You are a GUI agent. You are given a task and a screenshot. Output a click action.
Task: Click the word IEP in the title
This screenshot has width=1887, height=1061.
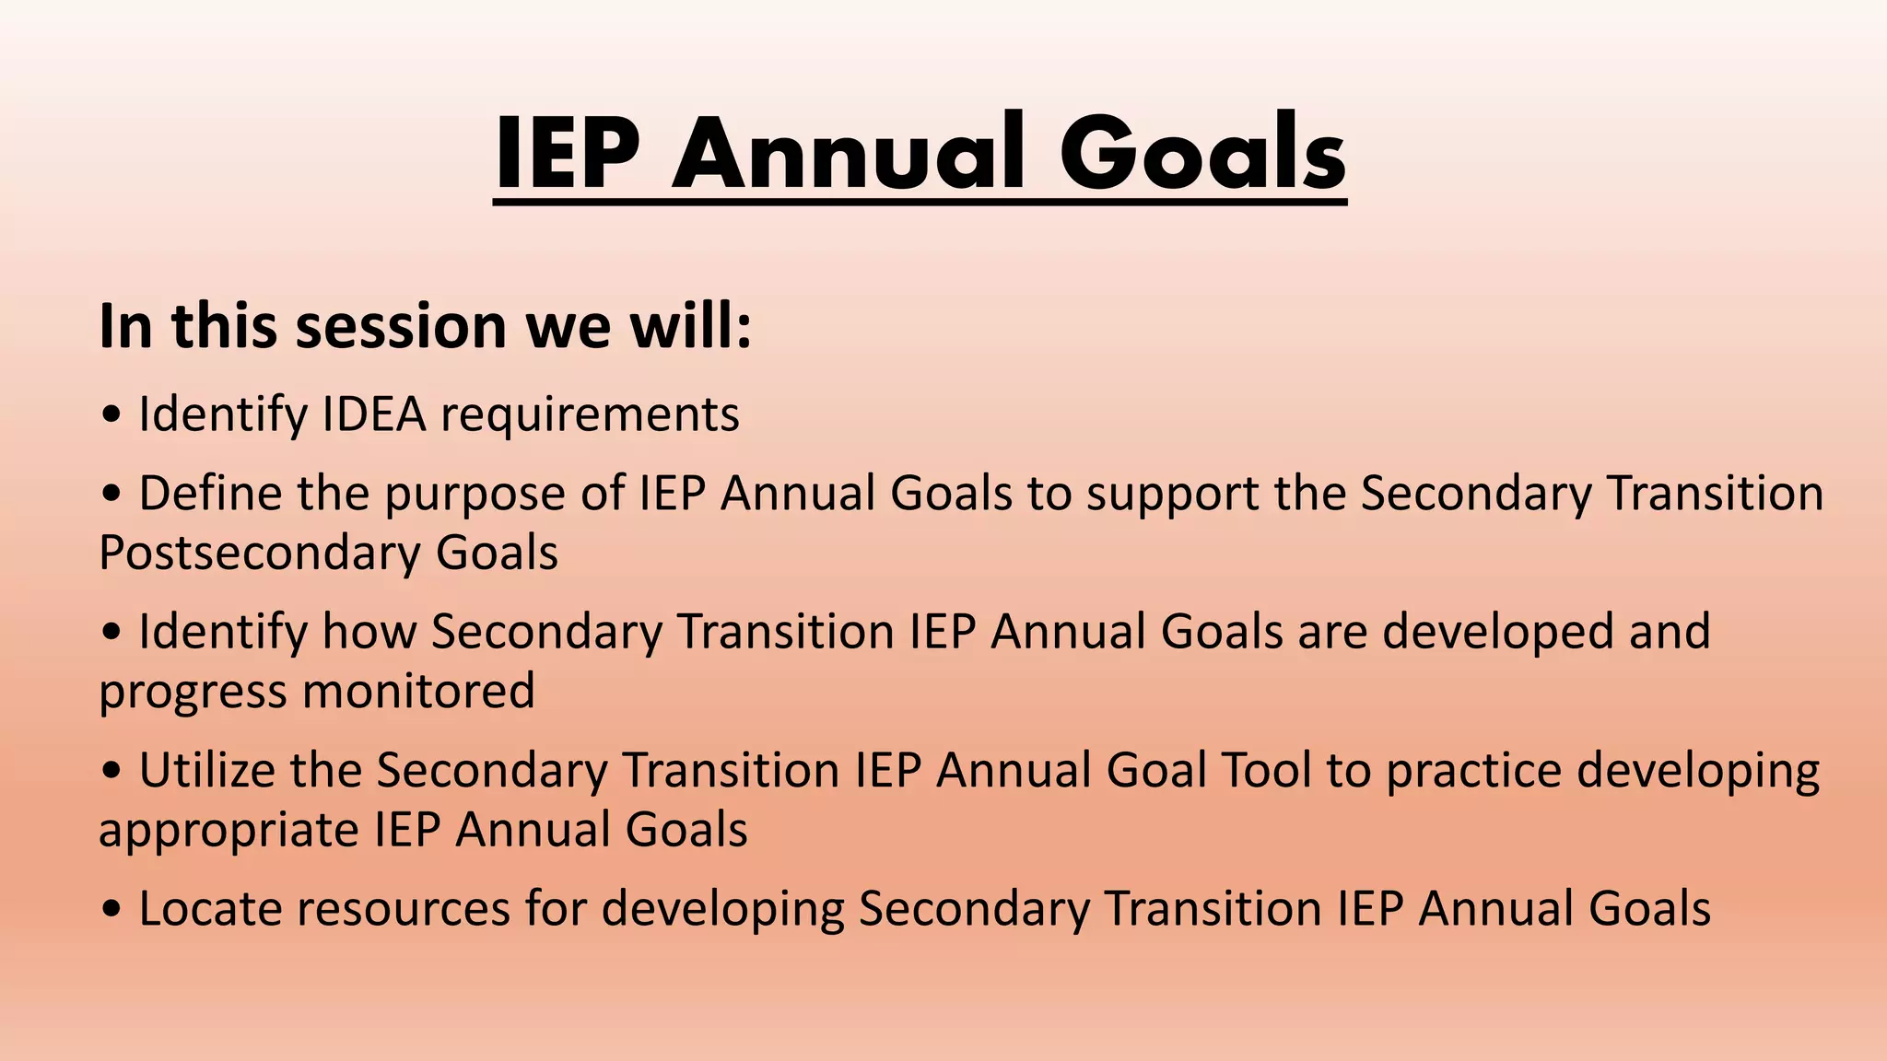point(567,153)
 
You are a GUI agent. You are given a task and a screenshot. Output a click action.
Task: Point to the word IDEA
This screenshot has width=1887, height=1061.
point(374,414)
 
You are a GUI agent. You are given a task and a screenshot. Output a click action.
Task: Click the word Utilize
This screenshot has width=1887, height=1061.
point(206,770)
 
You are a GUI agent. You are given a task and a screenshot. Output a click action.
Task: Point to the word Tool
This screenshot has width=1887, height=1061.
point(1265,770)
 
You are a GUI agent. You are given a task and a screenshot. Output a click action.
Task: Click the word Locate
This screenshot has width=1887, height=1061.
point(210,908)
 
